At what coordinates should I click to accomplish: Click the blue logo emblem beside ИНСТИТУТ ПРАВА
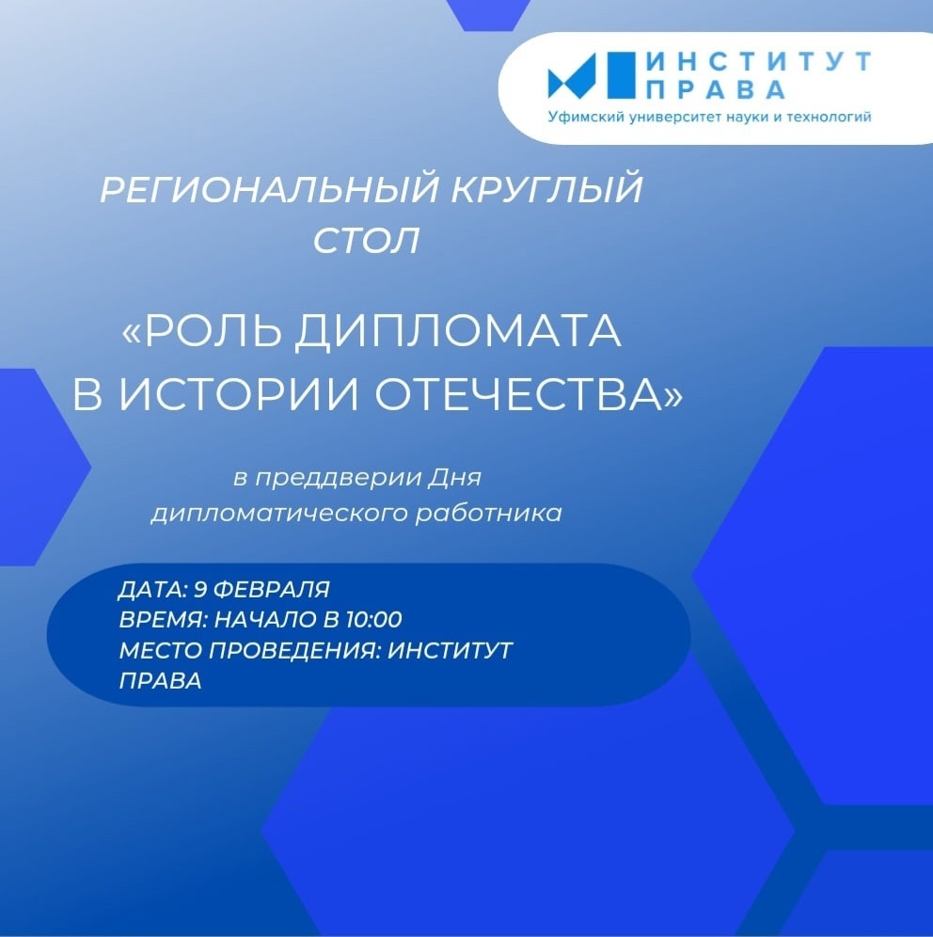(592, 75)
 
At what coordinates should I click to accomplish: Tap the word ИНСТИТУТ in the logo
(760, 61)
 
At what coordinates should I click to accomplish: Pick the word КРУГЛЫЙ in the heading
(546, 189)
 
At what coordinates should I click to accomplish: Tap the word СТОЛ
(366, 241)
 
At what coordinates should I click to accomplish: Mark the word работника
(488, 514)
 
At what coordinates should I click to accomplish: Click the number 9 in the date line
(200, 589)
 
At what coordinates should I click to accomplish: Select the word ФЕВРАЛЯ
(271, 589)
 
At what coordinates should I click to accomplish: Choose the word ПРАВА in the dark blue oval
(160, 680)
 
